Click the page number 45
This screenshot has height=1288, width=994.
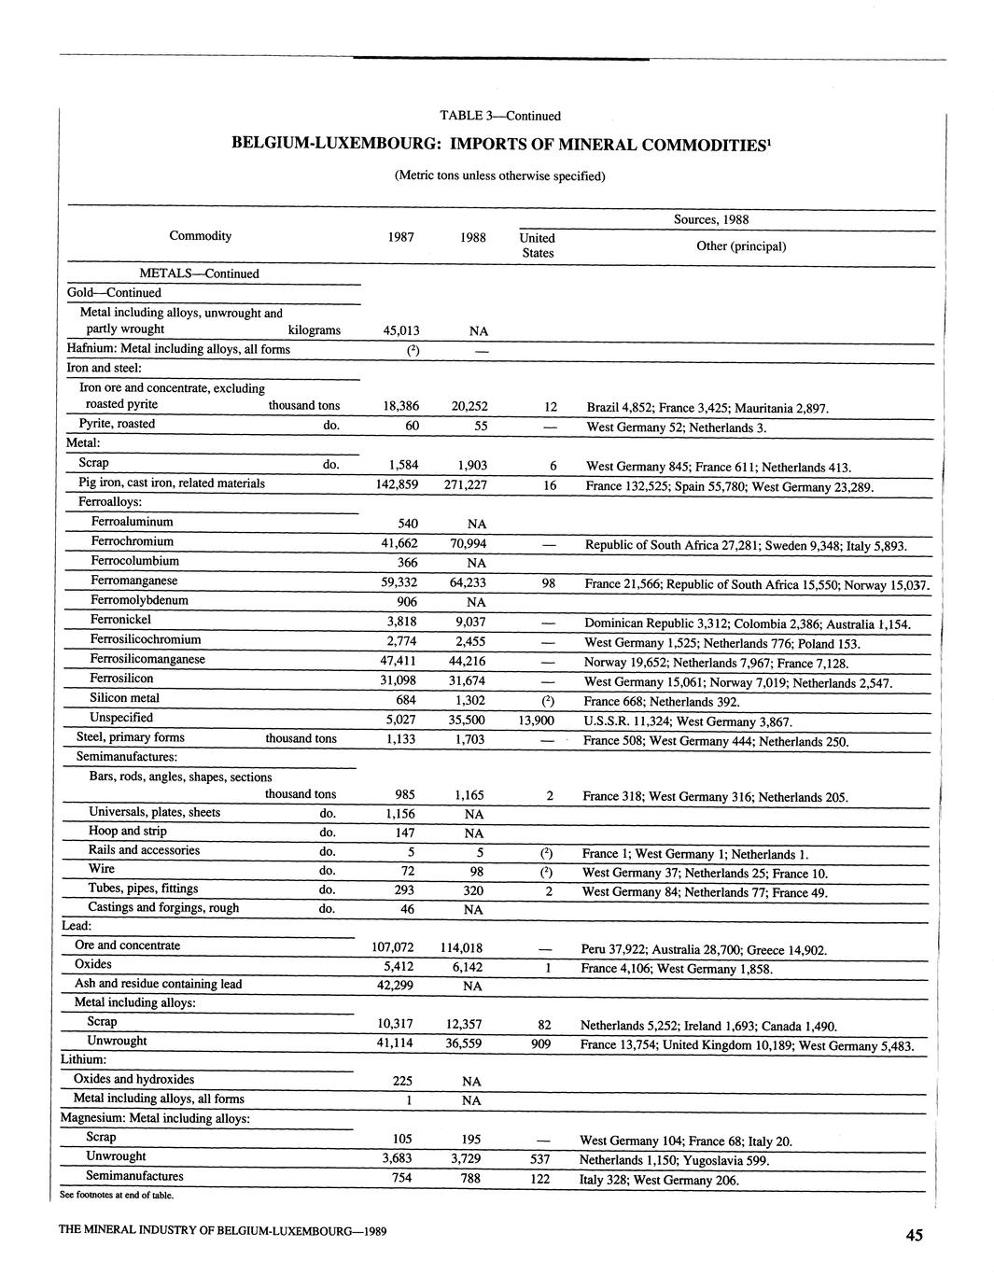click(x=914, y=1235)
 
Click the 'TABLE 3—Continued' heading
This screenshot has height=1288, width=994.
click(x=500, y=116)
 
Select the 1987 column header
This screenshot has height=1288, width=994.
click(x=401, y=237)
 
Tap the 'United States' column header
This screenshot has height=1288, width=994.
click(x=537, y=245)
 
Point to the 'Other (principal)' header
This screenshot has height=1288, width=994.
click(x=741, y=246)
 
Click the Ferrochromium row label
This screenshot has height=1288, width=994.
click(x=132, y=541)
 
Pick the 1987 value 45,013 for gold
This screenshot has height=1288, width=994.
click(x=401, y=330)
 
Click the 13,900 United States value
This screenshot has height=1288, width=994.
click(x=537, y=721)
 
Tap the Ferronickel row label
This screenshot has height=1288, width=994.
click(x=120, y=620)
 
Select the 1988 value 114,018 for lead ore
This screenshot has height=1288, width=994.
click(x=459, y=947)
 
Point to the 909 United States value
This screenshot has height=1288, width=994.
click(x=540, y=1044)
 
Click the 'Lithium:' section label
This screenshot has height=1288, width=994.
click(x=83, y=1059)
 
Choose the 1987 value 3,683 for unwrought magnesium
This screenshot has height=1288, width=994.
click(x=398, y=1157)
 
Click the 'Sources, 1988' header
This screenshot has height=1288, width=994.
click(x=711, y=220)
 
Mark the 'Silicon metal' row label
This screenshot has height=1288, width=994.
click(x=124, y=698)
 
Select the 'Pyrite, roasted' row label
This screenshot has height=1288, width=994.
click(x=118, y=424)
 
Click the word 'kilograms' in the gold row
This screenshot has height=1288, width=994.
click(x=315, y=329)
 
